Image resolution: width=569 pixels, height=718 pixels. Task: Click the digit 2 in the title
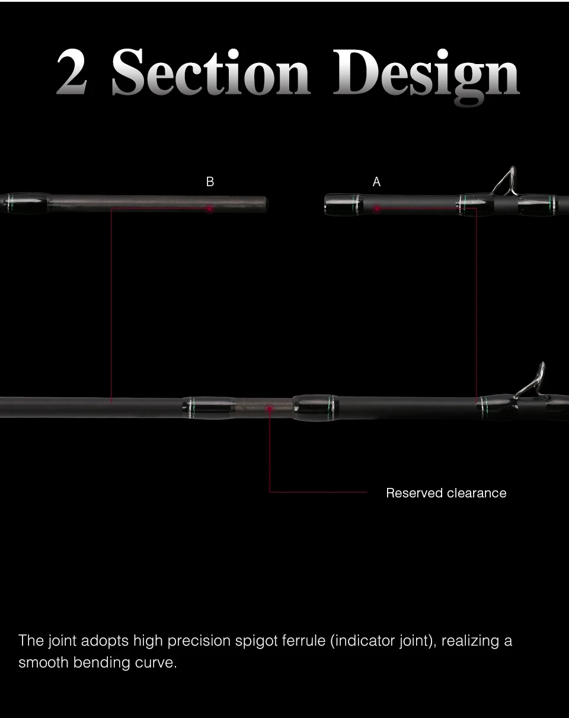coord(72,72)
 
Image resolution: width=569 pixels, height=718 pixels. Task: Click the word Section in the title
coord(211,72)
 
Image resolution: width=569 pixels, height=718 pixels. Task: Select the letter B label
coord(210,182)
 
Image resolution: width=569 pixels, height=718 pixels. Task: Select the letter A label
coord(376,182)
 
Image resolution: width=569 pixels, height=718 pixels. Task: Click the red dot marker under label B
coord(210,209)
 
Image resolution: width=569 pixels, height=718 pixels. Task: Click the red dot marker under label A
coord(377,209)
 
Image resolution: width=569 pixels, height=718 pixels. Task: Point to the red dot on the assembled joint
coord(270,409)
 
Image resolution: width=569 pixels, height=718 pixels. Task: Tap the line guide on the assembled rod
coord(531,381)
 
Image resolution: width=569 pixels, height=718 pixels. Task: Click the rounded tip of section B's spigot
coord(266,204)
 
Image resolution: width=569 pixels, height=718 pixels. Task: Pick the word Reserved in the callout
coord(414,493)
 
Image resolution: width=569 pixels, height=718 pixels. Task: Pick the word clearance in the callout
coord(477,493)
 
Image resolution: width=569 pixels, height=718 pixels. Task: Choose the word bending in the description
coord(102,663)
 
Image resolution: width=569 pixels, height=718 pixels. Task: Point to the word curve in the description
coord(155,663)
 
